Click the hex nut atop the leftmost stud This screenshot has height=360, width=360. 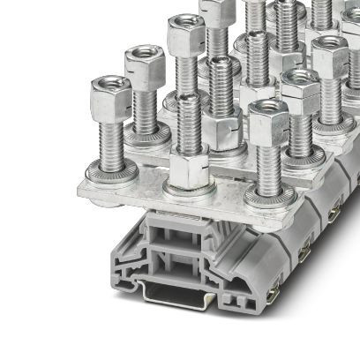pyautogui.click(x=110, y=91)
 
